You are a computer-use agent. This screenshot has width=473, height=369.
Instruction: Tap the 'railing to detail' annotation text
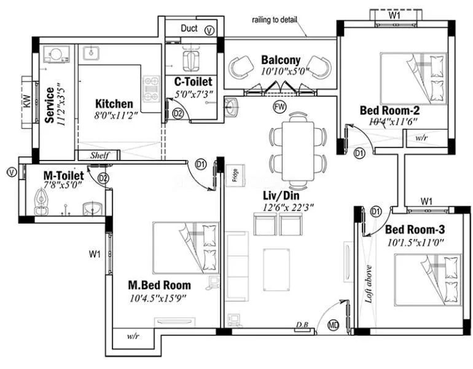(x=275, y=20)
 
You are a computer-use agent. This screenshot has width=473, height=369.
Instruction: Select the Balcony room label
(x=281, y=60)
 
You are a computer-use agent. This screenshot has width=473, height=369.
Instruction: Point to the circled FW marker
(x=280, y=106)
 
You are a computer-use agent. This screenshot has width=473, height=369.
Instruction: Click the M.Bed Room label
(x=159, y=285)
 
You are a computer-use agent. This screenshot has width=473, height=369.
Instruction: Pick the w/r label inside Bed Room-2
(x=421, y=138)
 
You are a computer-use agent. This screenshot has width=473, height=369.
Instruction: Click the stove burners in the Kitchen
(x=150, y=89)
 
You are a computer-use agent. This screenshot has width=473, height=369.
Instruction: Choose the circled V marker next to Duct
(x=209, y=30)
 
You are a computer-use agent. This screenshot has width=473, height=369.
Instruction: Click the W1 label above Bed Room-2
(x=395, y=14)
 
